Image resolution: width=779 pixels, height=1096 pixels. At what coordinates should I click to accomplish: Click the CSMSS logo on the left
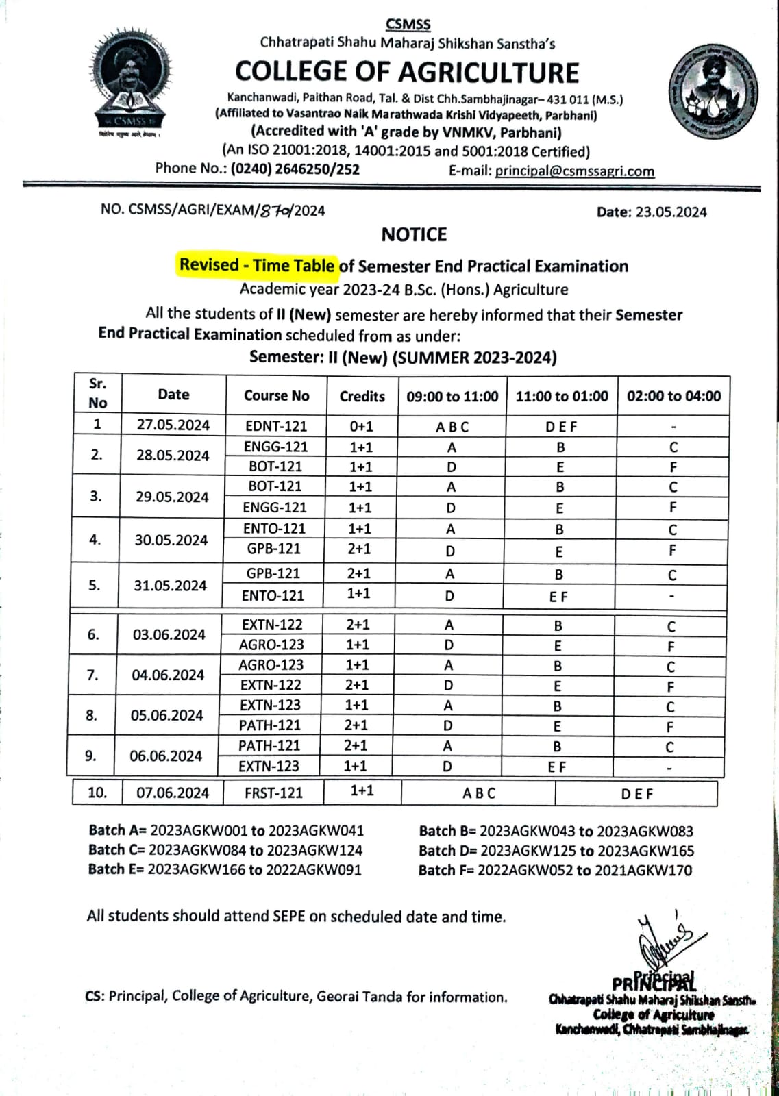[x=130, y=82]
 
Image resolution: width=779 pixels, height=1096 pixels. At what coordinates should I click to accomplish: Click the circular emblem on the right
[x=713, y=91]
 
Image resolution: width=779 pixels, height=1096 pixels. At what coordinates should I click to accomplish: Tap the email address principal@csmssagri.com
[x=574, y=171]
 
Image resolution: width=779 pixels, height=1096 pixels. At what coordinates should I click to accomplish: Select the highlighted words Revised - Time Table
[x=257, y=265]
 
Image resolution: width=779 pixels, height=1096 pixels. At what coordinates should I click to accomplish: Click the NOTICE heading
[x=414, y=235]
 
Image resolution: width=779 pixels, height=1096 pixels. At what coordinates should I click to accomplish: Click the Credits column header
[x=362, y=396]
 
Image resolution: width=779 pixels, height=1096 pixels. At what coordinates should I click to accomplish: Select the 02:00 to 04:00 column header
[x=673, y=396]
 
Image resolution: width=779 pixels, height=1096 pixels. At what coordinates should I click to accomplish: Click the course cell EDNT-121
[x=276, y=425]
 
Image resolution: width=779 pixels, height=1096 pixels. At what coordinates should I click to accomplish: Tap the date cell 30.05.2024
[x=171, y=540]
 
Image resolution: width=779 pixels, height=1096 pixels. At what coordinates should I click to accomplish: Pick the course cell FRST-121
[x=273, y=793]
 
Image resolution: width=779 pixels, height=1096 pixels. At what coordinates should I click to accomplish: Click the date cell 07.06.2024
[x=172, y=793]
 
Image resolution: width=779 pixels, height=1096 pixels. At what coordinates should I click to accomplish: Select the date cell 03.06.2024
[x=169, y=634]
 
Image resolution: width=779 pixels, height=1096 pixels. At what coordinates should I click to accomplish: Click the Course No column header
[x=276, y=396]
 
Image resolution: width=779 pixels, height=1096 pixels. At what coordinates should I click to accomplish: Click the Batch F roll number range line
[x=555, y=870]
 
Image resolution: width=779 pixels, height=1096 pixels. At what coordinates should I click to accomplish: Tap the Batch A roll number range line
[x=226, y=831]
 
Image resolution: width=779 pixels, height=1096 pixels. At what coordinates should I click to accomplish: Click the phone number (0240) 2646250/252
[x=295, y=169]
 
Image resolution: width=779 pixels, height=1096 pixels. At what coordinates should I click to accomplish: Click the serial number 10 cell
[x=97, y=793]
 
